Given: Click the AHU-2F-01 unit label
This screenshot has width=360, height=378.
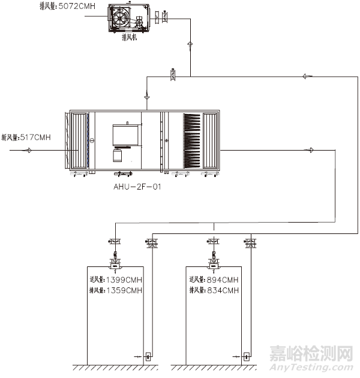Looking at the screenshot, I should click(x=137, y=187).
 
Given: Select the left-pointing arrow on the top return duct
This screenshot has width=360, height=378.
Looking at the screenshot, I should click(x=307, y=76).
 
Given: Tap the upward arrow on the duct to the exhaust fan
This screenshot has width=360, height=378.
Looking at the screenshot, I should click(x=191, y=46).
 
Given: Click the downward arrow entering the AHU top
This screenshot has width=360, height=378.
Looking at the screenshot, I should click(x=148, y=97).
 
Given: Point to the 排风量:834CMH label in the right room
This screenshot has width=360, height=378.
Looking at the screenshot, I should click(x=214, y=291).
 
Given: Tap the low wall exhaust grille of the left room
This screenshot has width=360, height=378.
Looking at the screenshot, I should click(x=148, y=356).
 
